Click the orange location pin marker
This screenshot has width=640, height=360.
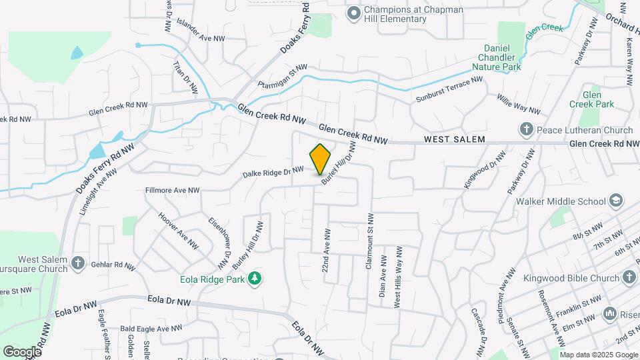pos(321,159)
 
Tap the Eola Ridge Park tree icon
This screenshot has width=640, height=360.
pos(254,277)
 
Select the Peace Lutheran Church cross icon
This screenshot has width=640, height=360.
pos(525,129)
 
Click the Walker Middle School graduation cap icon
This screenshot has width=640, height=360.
pos(617,201)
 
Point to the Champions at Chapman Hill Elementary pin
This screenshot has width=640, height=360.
pos(353,13)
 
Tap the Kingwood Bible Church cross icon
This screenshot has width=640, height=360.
pos(629,277)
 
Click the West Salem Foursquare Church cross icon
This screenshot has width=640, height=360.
pos(78,263)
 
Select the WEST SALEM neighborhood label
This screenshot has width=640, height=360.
pos(454,141)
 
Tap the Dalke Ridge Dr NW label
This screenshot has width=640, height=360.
pos(273,172)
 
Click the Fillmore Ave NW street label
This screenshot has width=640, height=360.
pos(173,191)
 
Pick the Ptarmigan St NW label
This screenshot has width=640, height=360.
pos(283,76)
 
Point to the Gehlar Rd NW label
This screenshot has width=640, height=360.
pos(114,265)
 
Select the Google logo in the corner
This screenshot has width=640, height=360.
pos(22,351)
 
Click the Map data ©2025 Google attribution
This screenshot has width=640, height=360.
pos(598,355)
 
